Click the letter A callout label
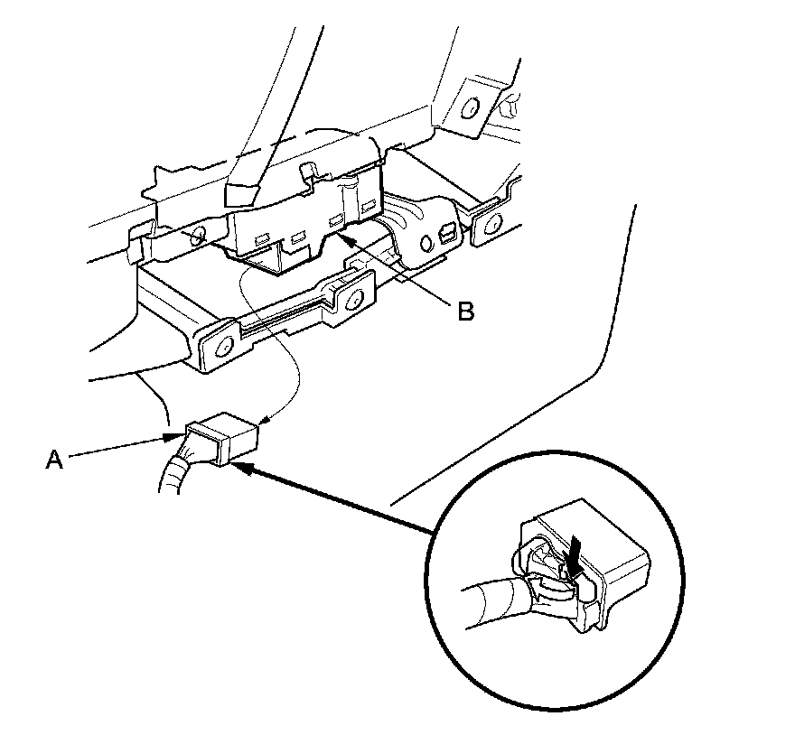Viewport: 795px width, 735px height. [55, 460]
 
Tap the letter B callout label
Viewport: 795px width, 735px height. [464, 312]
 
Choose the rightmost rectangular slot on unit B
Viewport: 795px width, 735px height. [368, 209]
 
